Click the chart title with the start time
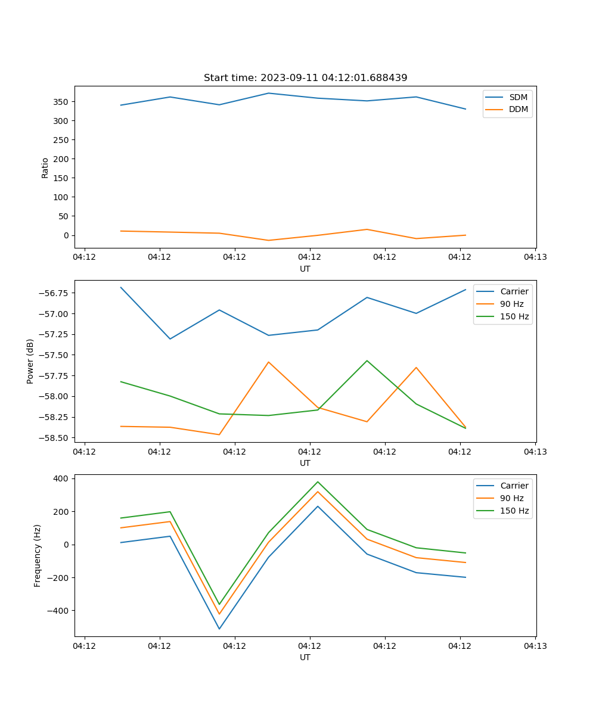coord(305,78)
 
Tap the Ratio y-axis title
coord(45,167)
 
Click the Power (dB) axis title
coord(30,361)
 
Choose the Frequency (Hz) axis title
coord(38,555)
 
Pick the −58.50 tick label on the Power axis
coord(53,438)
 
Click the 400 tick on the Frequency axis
coord(61,478)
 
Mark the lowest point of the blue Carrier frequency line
coord(219,629)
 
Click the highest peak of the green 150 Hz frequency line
coord(318,482)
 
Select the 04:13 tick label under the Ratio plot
coord(535,257)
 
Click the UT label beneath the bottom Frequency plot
coord(305,657)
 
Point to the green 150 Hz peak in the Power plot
coord(367,360)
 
